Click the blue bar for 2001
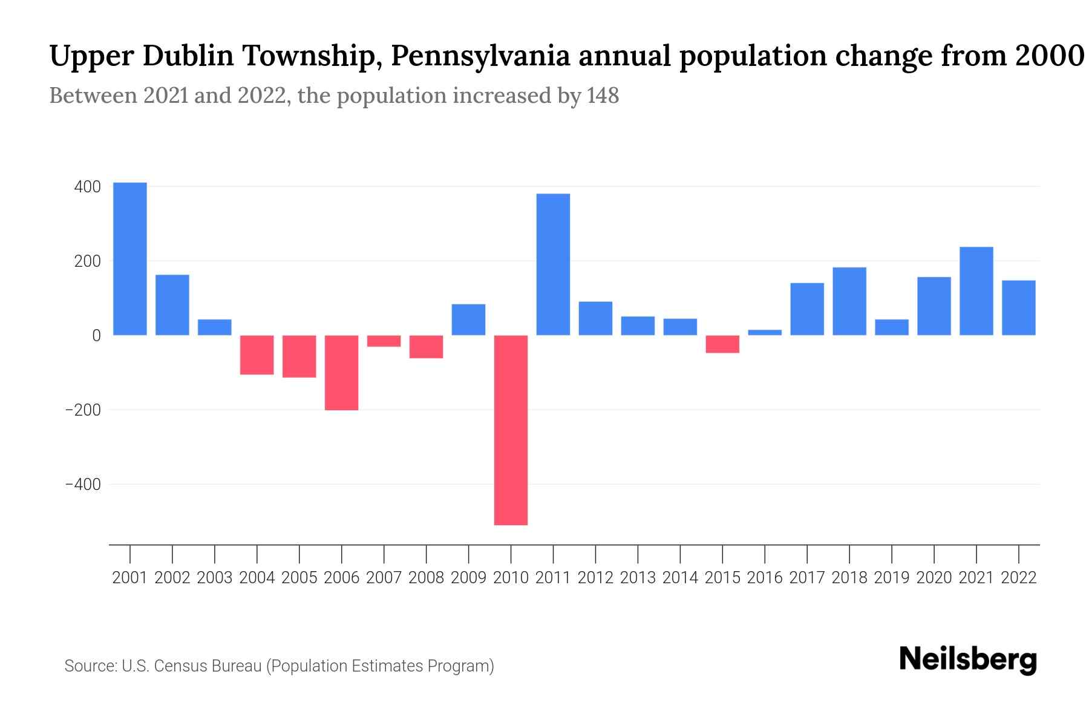(130, 259)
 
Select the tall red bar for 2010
(511, 430)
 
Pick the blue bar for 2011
(553, 264)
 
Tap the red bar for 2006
(341, 373)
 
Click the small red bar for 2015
(722, 344)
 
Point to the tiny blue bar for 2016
(765, 332)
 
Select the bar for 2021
(976, 291)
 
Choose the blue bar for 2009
(468, 319)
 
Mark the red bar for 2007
(384, 341)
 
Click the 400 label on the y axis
(87, 187)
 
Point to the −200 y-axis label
(83, 410)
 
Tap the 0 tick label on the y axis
(96, 336)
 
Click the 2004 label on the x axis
(257, 578)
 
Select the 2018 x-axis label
(849, 578)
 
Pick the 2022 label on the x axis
(1019, 578)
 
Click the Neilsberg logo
(968, 659)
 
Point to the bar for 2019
(892, 327)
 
